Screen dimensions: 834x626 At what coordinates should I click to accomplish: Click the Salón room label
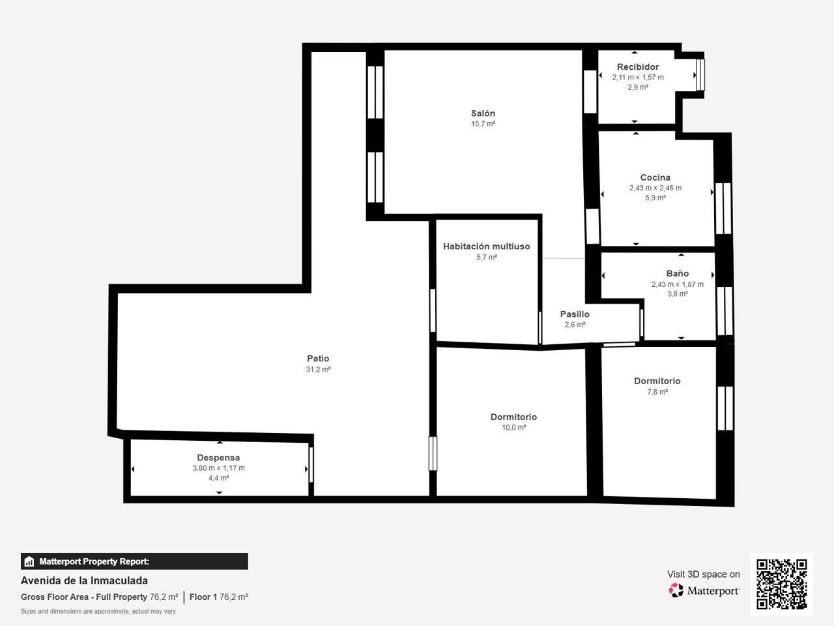(x=483, y=113)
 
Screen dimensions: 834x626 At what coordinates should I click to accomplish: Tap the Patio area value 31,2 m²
(x=318, y=369)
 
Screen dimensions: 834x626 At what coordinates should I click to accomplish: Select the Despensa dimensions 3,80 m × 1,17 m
(x=218, y=468)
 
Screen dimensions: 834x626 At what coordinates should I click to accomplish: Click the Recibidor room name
(x=638, y=67)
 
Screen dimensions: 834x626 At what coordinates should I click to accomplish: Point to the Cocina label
(x=655, y=177)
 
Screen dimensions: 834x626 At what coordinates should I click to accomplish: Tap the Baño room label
(x=677, y=273)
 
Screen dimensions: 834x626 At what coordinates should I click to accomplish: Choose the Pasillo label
(x=575, y=314)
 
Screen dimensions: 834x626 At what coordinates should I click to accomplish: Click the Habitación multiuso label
(x=486, y=246)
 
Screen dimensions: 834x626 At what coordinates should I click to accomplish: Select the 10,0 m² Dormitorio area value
(x=513, y=427)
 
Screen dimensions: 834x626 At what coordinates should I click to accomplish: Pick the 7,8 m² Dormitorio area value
(x=657, y=391)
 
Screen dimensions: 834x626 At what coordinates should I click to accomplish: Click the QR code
(x=782, y=584)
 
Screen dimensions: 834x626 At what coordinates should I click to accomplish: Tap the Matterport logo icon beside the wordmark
(x=676, y=590)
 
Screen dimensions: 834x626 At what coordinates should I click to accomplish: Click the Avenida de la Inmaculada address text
(x=84, y=581)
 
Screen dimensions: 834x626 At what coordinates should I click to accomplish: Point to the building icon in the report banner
(x=29, y=561)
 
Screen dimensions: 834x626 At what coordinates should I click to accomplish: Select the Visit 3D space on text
(x=703, y=574)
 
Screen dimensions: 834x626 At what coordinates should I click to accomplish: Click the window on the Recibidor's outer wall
(x=700, y=75)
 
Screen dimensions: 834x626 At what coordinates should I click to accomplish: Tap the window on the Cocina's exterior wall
(x=723, y=209)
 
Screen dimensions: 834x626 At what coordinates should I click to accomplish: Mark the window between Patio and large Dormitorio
(x=433, y=453)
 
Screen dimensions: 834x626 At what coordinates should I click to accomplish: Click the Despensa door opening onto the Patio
(x=311, y=465)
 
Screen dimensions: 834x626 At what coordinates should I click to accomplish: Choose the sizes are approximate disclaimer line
(x=98, y=611)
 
